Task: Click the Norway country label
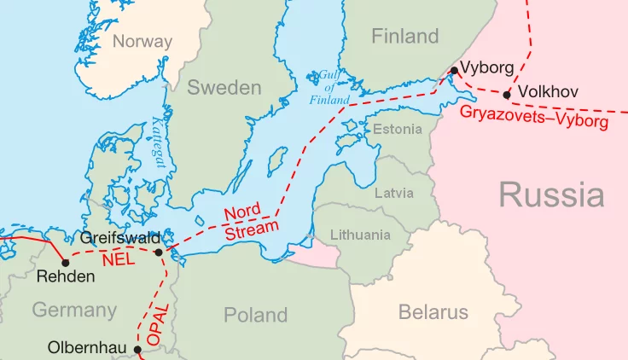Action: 142,41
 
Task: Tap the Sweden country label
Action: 224,87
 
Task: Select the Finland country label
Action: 404,36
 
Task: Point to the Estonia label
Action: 398,129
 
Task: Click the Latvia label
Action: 394,193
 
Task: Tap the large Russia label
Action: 551,195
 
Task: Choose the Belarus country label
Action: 433,312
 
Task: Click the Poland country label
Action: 255,315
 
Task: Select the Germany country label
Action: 74,310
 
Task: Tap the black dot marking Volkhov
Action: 508,95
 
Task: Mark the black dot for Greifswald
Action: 159,252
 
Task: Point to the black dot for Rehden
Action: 66,262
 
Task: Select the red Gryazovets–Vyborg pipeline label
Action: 533,118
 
